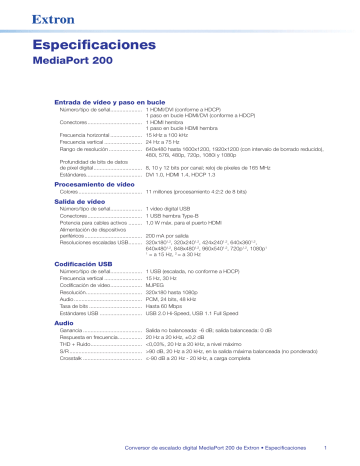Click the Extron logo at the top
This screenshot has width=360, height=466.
pos(50,16)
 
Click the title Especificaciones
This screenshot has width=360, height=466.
pos(97,46)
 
